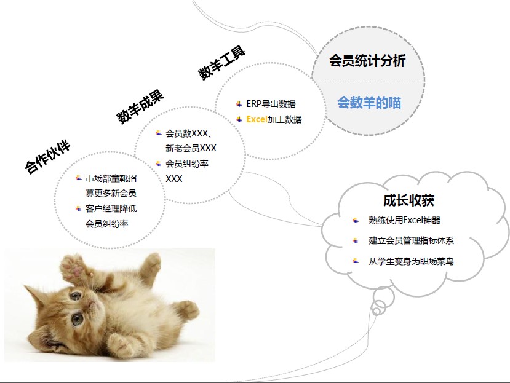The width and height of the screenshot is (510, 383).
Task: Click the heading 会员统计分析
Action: coord(367,61)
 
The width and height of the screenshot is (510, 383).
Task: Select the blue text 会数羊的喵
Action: coord(369,103)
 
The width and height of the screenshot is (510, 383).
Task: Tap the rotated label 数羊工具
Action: coord(222,63)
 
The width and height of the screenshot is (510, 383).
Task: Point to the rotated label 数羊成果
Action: coord(140,107)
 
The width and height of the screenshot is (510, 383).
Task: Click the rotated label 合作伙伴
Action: coord(48,157)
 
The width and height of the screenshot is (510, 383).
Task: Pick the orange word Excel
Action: coord(257,119)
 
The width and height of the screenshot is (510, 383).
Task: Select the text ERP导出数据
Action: coord(271,104)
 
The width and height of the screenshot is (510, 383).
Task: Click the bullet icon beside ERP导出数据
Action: coord(239,104)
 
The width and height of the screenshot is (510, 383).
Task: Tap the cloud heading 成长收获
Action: coord(409,200)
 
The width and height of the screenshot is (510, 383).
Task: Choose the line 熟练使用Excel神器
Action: coord(404,220)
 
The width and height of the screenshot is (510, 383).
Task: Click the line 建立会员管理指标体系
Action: coord(411,240)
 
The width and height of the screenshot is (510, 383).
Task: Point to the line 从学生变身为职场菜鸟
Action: coord(411,261)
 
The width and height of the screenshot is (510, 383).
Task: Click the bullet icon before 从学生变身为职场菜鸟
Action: coord(356,261)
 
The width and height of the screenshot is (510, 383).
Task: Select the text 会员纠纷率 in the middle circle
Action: coord(187,164)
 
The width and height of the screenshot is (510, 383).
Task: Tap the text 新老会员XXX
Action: coord(191,148)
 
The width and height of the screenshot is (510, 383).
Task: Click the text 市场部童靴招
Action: coord(111,178)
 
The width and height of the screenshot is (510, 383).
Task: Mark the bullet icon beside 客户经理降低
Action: coord(78,208)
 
